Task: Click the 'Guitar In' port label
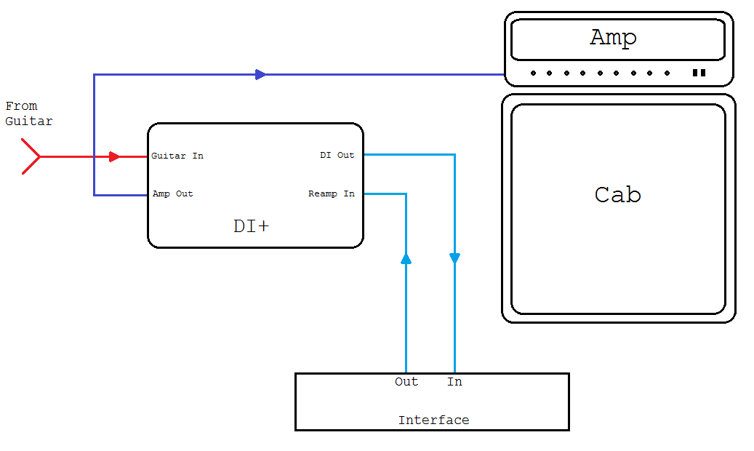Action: pos(177,156)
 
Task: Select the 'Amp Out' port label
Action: pos(172,194)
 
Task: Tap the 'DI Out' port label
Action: pos(337,155)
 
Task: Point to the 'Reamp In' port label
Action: pos(332,193)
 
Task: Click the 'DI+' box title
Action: pos(251,226)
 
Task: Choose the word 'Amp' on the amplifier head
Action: pos(613,38)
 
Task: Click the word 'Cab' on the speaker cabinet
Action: pos(617,195)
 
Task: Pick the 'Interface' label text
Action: pos(433,420)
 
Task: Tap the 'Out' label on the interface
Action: pos(406,382)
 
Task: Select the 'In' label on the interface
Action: pos(454,382)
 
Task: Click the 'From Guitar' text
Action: pos(28,114)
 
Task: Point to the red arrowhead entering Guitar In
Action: pos(114,156)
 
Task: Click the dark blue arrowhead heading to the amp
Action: pos(260,74)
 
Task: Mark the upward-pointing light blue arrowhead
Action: pos(406,258)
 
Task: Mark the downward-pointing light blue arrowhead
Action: pos(454,258)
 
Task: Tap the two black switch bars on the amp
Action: pos(699,73)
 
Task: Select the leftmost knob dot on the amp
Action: pos(533,73)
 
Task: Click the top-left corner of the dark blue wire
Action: pos(94,74)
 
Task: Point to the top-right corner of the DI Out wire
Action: pos(454,154)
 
